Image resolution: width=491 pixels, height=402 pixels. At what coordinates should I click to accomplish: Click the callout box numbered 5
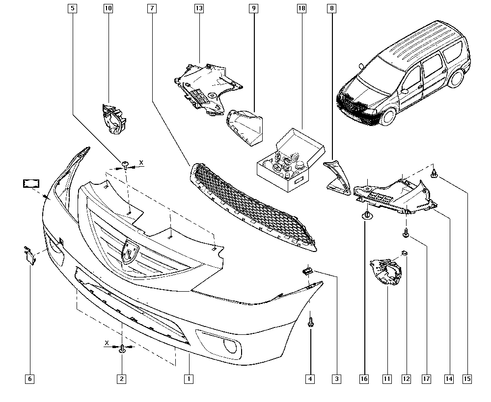[x=72, y=8]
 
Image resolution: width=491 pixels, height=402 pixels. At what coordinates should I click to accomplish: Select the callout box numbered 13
[x=199, y=8]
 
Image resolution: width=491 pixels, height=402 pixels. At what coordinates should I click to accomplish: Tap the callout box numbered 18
[x=301, y=8]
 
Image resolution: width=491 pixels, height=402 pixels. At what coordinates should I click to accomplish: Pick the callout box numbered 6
[x=30, y=379]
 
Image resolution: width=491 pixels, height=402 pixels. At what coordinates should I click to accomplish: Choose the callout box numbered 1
[x=189, y=379]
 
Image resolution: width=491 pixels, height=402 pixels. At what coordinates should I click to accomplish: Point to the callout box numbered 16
[x=364, y=379]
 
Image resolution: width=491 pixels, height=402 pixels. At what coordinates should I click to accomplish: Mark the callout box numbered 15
[x=467, y=379]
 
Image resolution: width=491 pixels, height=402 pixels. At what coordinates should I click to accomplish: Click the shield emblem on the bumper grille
[x=130, y=252]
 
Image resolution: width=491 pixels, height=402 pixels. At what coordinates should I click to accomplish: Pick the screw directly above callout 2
[x=122, y=349]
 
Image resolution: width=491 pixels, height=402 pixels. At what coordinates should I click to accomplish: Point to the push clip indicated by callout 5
[x=125, y=164]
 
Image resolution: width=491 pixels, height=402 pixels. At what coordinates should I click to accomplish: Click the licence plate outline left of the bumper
[x=31, y=183]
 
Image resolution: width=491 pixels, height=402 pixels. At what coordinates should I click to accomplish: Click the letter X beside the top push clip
[x=141, y=163]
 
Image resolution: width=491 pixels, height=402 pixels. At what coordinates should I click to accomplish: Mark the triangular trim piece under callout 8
[x=338, y=177]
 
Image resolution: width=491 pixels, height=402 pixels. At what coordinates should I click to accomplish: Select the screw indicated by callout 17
[x=406, y=233]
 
